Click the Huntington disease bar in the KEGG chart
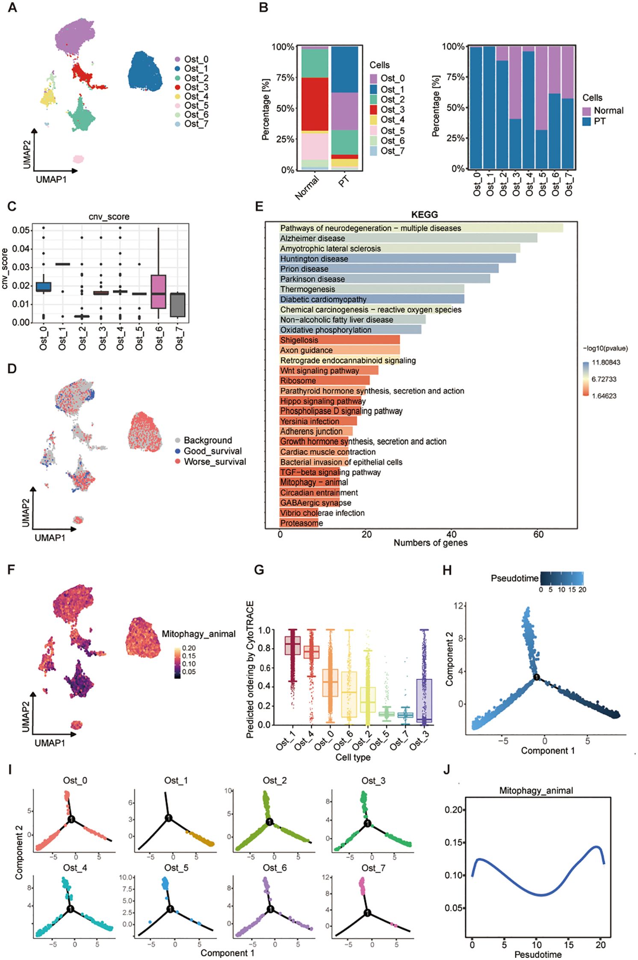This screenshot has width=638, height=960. [x=398, y=259]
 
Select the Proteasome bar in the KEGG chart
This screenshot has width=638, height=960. [x=299, y=523]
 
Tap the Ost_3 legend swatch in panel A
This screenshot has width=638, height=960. [x=177, y=87]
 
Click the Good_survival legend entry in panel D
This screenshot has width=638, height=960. [x=212, y=451]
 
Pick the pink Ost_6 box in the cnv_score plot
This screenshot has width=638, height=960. [x=159, y=292]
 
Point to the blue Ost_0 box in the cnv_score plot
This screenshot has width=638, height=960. [x=44, y=287]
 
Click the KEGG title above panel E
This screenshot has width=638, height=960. [x=424, y=215]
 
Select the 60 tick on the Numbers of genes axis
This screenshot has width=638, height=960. [x=538, y=534]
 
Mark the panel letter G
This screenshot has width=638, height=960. [x=259, y=570]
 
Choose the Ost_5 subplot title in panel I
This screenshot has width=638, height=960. [x=176, y=868]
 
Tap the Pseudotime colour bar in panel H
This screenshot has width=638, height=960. [x=561, y=578]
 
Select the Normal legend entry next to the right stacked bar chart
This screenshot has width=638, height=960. [x=603, y=111]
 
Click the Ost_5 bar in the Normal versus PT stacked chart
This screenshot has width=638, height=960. [x=542, y=107]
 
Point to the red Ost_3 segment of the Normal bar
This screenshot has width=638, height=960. [x=315, y=104]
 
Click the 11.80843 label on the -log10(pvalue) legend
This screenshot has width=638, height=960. [x=606, y=363]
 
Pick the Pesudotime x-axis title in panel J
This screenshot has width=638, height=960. [x=538, y=954]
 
